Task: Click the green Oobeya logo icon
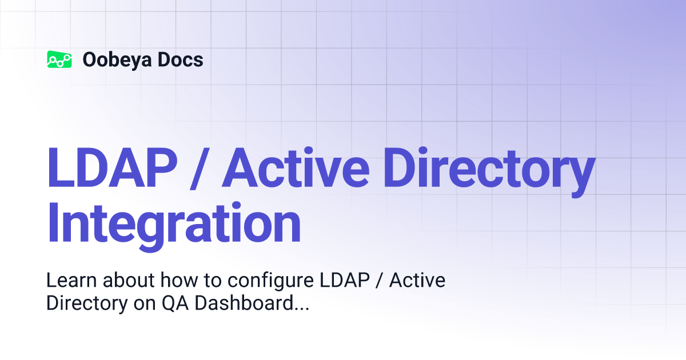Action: (59, 59)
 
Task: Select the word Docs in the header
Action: (181, 59)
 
